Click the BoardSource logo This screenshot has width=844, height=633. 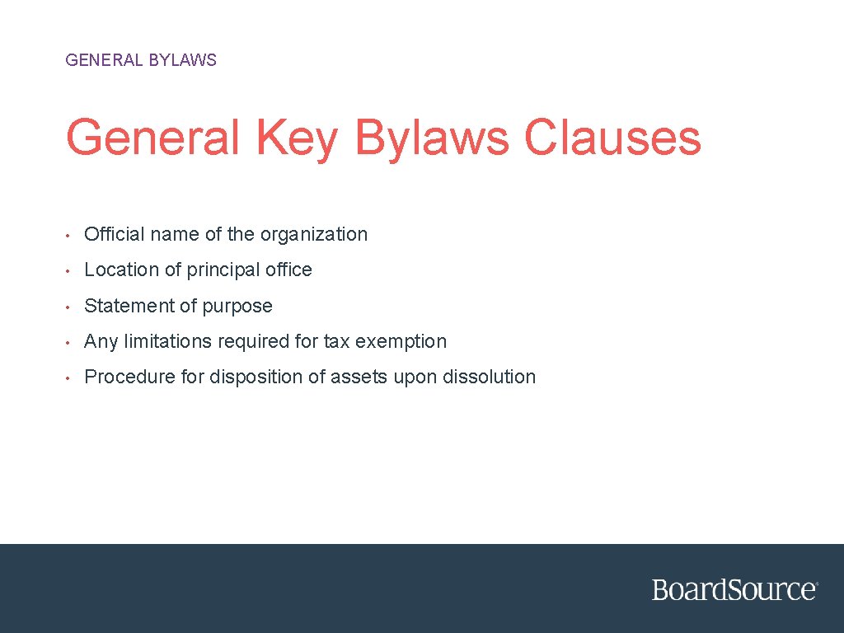[734, 589]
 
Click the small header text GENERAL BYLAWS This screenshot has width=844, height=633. [141, 60]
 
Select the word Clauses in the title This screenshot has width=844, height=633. [612, 138]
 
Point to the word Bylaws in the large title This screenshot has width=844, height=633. [432, 138]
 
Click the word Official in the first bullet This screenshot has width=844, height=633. [113, 234]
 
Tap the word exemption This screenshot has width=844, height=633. [401, 342]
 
